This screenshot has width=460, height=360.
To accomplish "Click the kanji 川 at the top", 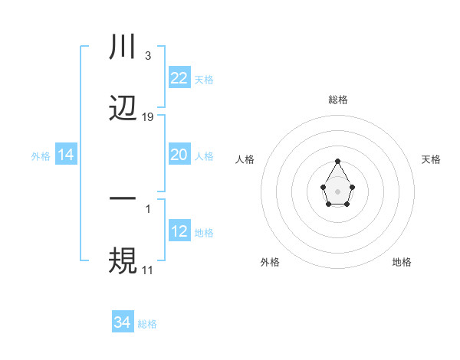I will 123,48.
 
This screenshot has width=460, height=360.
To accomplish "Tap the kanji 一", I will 123,198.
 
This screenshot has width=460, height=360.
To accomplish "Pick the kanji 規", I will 123,260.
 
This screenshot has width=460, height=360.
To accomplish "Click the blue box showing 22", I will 179,78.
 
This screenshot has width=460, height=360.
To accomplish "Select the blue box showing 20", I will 179,155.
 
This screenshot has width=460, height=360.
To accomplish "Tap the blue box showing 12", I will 179,231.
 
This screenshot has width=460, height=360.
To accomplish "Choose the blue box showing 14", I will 66,155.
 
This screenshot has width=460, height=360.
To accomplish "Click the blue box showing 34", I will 123,323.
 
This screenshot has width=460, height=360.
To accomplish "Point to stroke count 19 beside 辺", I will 148,117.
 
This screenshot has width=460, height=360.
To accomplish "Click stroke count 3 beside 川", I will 147,56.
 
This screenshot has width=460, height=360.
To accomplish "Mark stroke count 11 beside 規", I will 147,270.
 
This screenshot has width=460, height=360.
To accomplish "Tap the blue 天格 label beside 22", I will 204,80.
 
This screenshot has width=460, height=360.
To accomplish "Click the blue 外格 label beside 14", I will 41,156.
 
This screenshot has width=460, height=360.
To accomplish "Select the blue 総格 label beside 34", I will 147,324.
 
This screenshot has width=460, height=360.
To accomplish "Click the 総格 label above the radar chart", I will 338,100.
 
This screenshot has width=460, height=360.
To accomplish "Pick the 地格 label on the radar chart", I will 402,262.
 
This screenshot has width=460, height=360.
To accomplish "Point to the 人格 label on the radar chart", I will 245,159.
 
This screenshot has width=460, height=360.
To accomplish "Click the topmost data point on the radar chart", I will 337,162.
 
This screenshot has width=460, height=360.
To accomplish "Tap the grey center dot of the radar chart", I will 337,191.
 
